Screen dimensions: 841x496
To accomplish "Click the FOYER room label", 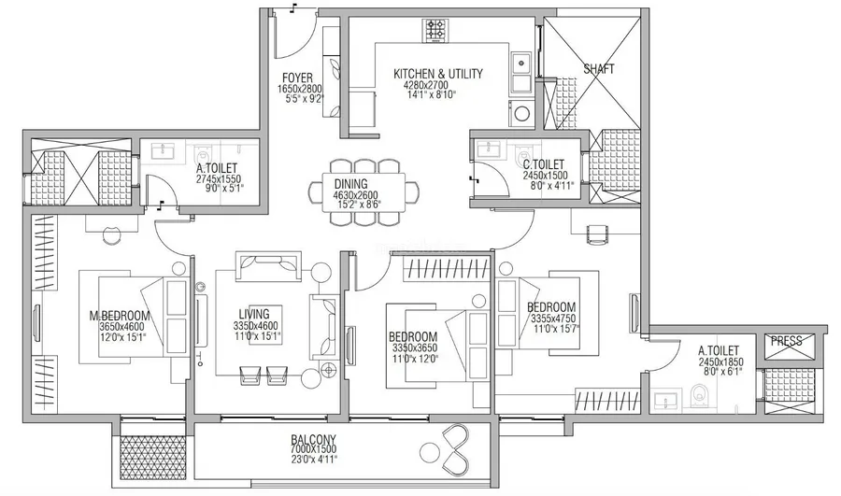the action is (297, 78).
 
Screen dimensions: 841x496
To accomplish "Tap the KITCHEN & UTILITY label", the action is (437, 74).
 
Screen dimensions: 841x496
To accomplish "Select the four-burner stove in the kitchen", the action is (435, 31).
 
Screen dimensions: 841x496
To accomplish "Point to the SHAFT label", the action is (599, 68).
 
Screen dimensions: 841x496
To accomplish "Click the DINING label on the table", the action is (350, 184).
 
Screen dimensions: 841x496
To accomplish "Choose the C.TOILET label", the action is (544, 165).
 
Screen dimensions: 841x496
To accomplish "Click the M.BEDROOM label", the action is (119, 316).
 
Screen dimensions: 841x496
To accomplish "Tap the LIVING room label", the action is (253, 314).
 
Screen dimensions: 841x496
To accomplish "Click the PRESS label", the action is (786, 341).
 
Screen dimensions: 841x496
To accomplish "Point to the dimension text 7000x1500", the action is (313, 449).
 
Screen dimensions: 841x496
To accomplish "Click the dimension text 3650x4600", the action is (122, 326).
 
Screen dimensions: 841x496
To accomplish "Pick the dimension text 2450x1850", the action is (720, 362).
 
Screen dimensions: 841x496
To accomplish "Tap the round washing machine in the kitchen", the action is (520, 113).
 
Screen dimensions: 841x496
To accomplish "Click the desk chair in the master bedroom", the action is (113, 234).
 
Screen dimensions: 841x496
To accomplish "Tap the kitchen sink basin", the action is (520, 64).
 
